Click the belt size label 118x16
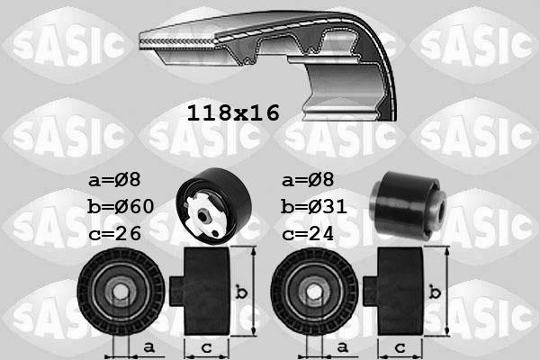(x=233, y=112)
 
